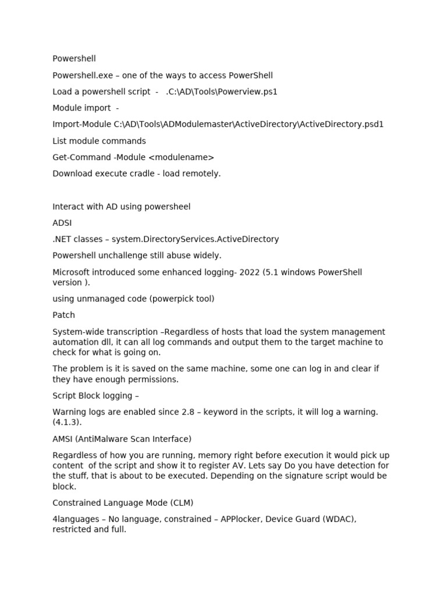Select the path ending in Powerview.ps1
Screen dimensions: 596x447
click(x=222, y=91)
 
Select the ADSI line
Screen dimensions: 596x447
click(x=62, y=223)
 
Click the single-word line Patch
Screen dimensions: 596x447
click(x=63, y=315)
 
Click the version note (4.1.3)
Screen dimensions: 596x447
click(x=66, y=422)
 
